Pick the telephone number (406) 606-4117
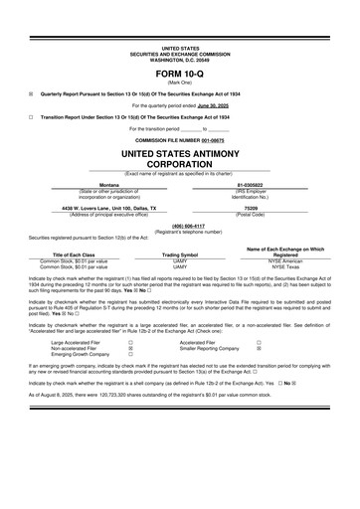tap(180, 225)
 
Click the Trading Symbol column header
tap(180, 254)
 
